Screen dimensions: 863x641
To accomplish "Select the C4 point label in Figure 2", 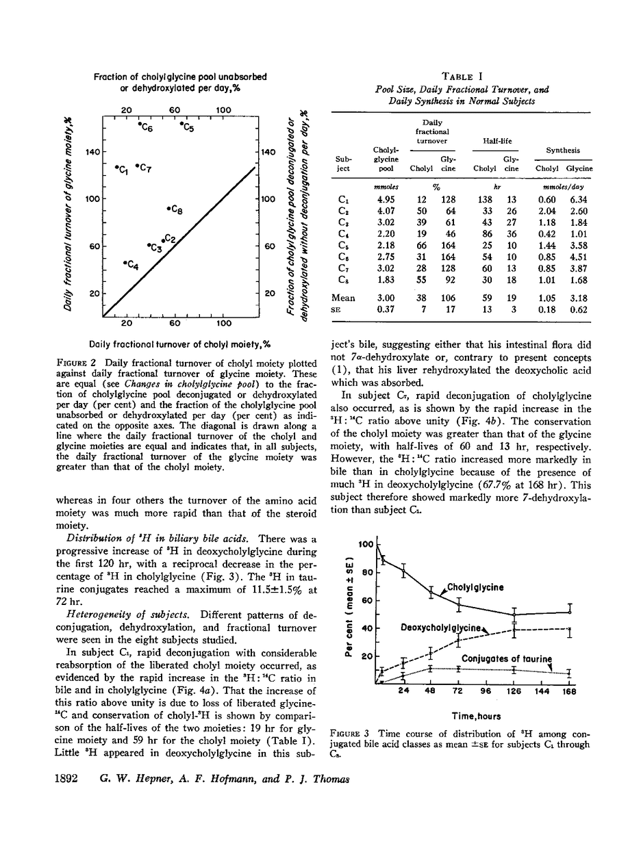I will pos(132,266).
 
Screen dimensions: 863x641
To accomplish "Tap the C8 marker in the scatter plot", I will pos(168,207).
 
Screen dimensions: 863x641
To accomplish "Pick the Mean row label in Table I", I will pos(343,298).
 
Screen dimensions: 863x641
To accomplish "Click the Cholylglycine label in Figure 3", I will pos(475,587).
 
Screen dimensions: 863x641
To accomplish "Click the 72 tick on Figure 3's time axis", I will pos(457,692).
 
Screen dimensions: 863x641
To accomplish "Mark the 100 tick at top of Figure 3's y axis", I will pos(365,545).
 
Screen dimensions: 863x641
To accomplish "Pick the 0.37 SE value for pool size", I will pos(384,309).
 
